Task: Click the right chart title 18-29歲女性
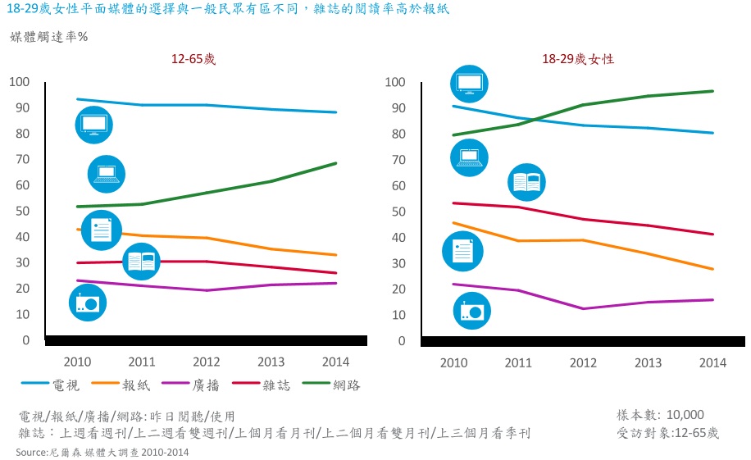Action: pyautogui.click(x=577, y=59)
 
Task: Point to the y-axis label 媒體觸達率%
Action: pyautogui.click(x=48, y=37)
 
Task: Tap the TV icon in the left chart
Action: pyautogui.click(x=93, y=125)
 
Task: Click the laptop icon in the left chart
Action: pyautogui.click(x=107, y=173)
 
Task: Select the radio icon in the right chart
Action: pyautogui.click(x=473, y=310)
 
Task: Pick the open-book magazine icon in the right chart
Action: pyautogui.click(x=526, y=183)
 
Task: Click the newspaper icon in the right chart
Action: pyautogui.click(x=462, y=251)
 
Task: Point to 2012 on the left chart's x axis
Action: pyautogui.click(x=206, y=362)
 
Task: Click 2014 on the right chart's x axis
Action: pyautogui.click(x=711, y=362)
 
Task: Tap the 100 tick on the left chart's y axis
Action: pyautogui.click(x=19, y=82)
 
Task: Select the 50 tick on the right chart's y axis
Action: pyautogui.click(x=394, y=212)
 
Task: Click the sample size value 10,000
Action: pyautogui.click(x=685, y=415)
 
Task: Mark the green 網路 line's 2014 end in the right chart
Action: pyautogui.click(x=712, y=91)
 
